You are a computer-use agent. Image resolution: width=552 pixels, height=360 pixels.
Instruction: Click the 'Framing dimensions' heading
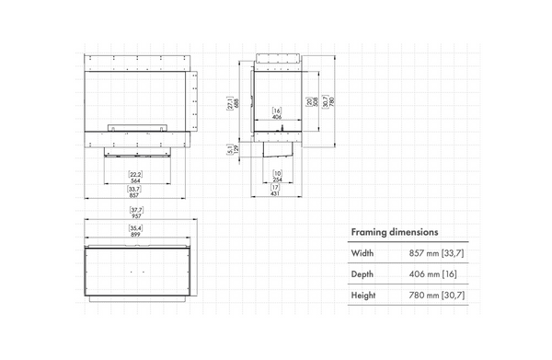point(394,232)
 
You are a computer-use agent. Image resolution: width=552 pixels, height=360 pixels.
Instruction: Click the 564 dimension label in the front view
point(135,180)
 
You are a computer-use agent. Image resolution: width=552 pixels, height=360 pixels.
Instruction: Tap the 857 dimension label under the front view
point(135,196)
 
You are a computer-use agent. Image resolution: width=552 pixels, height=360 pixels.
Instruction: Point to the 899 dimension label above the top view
point(135,234)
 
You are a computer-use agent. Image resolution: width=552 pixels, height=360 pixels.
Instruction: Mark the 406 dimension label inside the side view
point(277,118)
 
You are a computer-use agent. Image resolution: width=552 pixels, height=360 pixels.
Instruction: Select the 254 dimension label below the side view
point(277,180)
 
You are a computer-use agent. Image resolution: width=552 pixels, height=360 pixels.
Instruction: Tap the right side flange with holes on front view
point(194,98)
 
